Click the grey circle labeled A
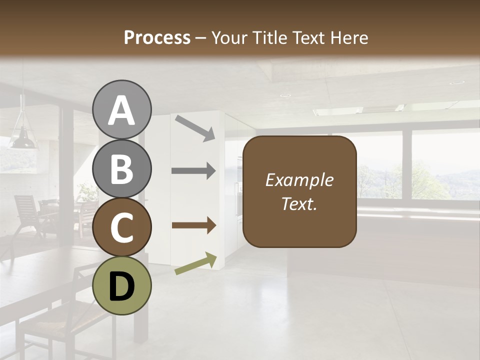tap(121, 109)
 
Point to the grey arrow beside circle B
tap(193, 171)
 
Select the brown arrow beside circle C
tap(193, 225)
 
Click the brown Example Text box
tap(299, 191)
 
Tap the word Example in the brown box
tap(299, 180)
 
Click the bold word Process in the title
tap(157, 37)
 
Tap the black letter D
tap(121, 286)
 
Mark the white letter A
tap(121, 110)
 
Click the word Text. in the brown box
tap(299, 203)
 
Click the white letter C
tap(121, 227)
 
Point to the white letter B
tap(121, 169)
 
